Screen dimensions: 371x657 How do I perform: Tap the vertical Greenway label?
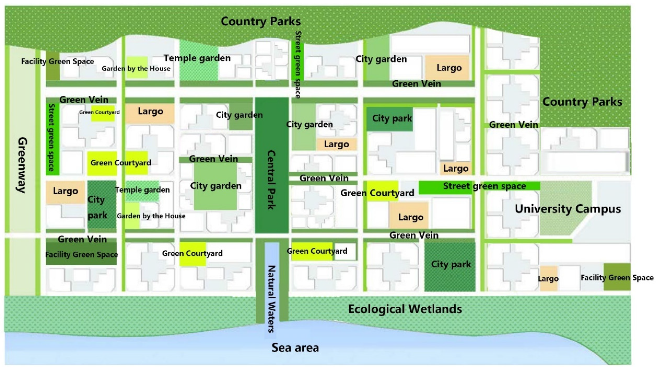[22, 165]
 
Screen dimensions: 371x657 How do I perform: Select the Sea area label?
[295, 348]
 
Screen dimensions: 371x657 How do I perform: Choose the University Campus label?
[568, 209]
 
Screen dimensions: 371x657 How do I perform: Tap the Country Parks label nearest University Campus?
[582, 102]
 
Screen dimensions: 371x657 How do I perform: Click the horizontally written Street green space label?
[484, 186]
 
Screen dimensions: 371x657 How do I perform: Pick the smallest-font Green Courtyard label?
[99, 112]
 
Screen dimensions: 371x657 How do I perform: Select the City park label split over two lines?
[97, 207]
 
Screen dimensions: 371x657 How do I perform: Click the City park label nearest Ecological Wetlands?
[451, 264]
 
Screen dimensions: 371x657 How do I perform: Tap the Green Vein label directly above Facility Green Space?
[82, 239]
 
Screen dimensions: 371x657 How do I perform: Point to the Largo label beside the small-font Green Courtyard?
[150, 111]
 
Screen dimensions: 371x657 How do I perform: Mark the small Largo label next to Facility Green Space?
[548, 279]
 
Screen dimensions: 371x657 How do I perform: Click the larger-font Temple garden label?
[197, 58]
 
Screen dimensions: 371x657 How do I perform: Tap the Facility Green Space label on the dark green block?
[81, 254]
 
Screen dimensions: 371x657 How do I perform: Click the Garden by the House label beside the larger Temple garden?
[136, 68]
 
